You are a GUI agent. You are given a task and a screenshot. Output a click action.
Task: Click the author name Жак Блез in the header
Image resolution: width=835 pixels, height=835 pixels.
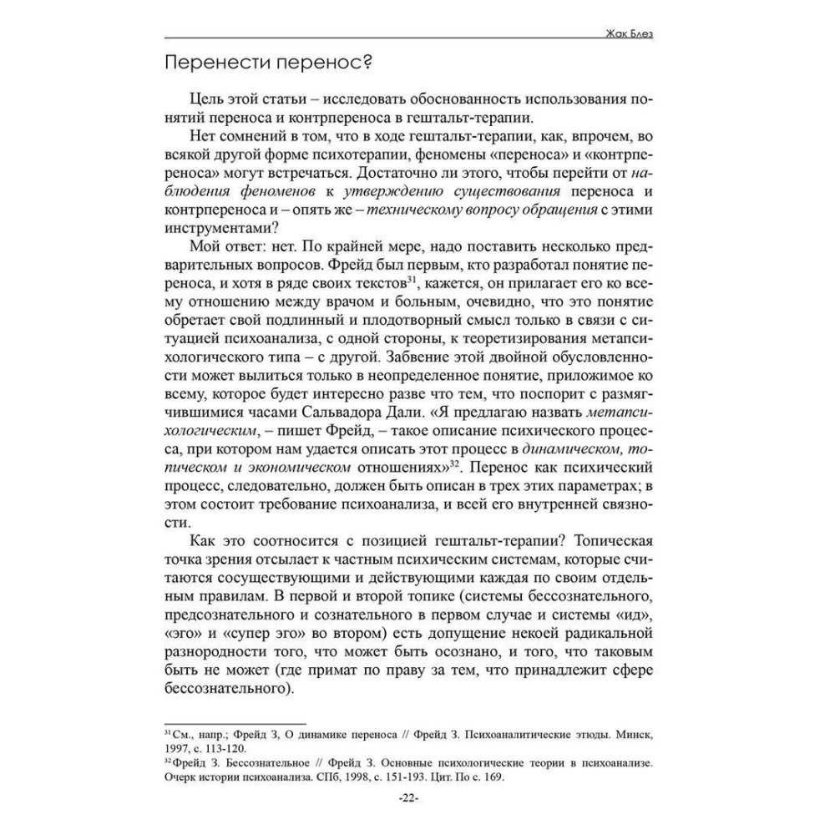click(x=639, y=34)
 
